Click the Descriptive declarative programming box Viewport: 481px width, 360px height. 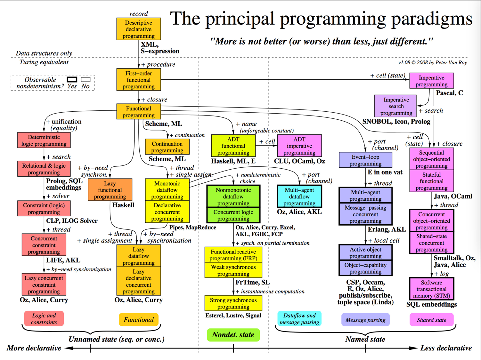138,29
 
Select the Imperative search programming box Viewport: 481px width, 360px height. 396,106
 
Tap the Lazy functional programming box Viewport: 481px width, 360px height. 110,190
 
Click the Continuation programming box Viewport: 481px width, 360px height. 167,147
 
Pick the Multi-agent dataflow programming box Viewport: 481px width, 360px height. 299,196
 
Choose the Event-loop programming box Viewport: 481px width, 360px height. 365,160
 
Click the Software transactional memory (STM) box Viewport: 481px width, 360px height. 431,289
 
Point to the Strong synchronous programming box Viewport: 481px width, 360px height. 233,303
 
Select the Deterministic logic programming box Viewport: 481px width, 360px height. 44,140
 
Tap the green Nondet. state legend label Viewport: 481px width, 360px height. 233,335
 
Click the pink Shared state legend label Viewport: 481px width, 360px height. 431,320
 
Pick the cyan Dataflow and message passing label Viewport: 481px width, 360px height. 299,319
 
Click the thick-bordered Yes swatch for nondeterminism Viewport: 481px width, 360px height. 72,79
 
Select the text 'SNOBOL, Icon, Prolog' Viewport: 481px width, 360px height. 396,122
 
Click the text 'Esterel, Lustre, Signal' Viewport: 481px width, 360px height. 233,316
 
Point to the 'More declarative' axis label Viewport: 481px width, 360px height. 34,348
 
